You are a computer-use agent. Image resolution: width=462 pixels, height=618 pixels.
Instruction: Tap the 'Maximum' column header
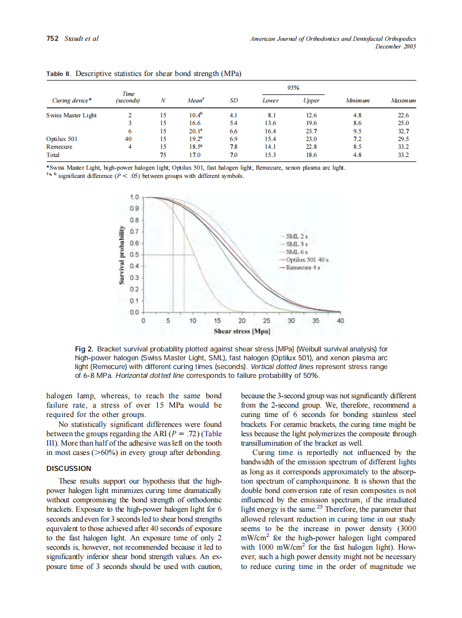point(403,101)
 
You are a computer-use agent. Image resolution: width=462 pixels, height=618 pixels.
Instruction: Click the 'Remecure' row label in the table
point(59,147)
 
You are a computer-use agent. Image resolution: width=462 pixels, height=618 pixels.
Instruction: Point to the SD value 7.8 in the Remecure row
point(233,147)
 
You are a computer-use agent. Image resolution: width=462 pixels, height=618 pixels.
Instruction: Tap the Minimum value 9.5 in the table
point(357,131)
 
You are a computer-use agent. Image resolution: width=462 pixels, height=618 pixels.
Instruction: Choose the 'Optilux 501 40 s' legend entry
point(307,259)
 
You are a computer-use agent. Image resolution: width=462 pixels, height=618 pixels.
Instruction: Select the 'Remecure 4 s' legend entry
point(303,267)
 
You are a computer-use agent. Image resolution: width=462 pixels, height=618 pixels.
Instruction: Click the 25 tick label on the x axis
point(266,321)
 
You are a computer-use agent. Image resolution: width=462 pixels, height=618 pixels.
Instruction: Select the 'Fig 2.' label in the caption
point(84,349)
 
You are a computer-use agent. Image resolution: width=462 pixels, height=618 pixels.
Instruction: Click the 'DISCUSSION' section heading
point(68,468)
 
